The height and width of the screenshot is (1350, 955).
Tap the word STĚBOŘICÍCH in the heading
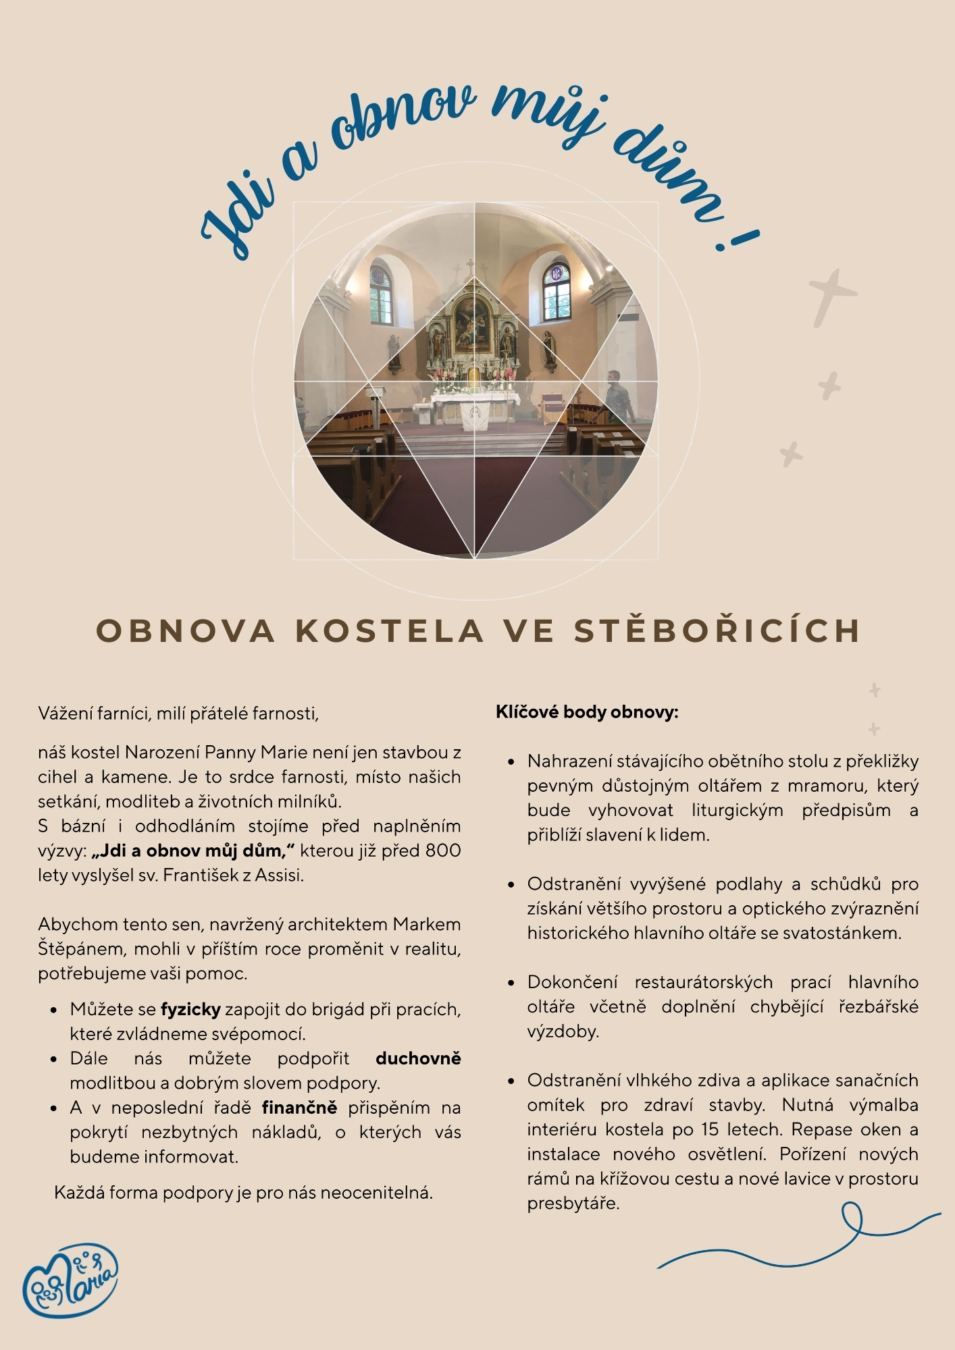tap(718, 630)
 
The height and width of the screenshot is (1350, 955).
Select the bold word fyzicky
tap(190, 1009)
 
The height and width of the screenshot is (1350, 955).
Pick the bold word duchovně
tap(418, 1058)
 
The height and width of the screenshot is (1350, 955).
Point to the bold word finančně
tap(299, 1108)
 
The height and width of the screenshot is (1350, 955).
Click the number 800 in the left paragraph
tap(443, 850)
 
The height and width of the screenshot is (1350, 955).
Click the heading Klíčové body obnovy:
tap(587, 712)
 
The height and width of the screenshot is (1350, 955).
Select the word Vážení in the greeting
tap(66, 713)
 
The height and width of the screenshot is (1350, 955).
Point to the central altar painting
tap(472, 324)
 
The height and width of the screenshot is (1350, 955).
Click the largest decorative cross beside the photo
tap(831, 297)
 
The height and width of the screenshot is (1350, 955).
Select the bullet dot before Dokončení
tap(511, 983)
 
